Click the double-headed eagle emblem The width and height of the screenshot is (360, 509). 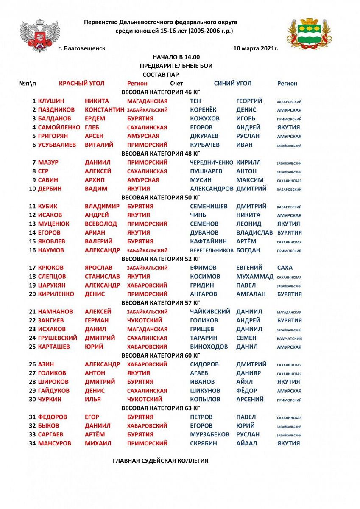click(39, 35)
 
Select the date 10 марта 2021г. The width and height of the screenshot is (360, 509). click(256, 49)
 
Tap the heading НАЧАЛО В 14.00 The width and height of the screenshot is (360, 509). click(176, 57)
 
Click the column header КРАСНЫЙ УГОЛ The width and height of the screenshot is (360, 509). click(81, 84)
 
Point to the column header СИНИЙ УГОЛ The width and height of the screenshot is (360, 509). click(232, 84)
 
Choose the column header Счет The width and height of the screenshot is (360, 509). click(176, 84)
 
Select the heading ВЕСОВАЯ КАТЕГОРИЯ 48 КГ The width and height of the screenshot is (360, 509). click(160, 154)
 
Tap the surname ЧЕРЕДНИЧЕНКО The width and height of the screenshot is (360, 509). click(211, 162)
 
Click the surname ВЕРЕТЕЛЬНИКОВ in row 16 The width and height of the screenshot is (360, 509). click(211, 250)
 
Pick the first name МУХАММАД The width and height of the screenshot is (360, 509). click(255, 277)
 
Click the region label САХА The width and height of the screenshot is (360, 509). click(285, 268)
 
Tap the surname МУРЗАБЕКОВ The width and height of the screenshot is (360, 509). click(209, 435)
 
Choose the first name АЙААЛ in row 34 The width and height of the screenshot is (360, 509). click(246, 443)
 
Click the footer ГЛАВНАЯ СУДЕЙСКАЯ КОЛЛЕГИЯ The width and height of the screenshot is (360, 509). click(160, 461)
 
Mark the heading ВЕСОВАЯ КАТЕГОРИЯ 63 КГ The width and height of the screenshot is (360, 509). click(160, 408)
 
